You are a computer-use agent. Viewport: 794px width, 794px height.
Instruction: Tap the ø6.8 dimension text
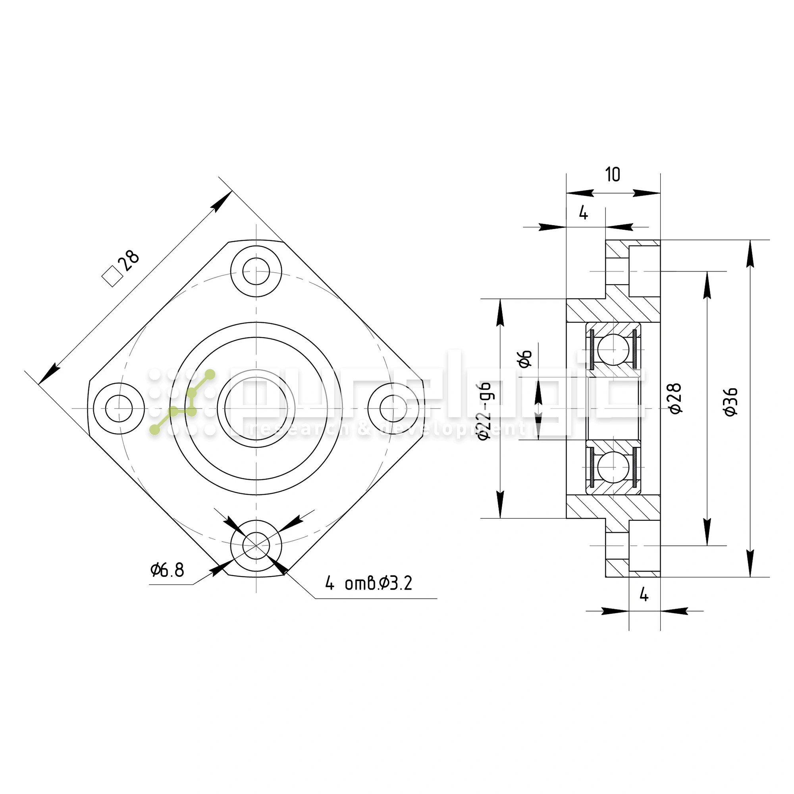coord(167,570)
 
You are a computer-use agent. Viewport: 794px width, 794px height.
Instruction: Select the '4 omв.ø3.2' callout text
coord(368,583)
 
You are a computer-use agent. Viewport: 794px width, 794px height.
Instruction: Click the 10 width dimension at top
coord(612,175)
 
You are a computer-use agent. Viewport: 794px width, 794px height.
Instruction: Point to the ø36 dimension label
coord(731,402)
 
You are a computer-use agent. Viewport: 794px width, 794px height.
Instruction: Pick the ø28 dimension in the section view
coord(675,399)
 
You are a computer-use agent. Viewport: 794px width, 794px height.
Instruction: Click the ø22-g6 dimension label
coord(485,411)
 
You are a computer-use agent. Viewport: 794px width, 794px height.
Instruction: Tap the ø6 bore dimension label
coord(525,359)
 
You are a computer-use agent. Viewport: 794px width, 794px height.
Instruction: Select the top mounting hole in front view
coord(256,272)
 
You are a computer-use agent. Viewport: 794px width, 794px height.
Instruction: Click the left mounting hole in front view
coord(119,409)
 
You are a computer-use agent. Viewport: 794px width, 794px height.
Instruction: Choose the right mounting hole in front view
coord(393,409)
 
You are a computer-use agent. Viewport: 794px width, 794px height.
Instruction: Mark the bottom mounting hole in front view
coord(256,546)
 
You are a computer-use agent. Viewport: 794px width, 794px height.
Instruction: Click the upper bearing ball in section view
coord(613,350)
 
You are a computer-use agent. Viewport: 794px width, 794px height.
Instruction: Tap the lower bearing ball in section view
coord(613,467)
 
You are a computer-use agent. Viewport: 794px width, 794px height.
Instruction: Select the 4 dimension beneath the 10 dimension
coord(583,212)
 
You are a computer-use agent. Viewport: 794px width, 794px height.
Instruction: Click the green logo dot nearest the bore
coord(210,374)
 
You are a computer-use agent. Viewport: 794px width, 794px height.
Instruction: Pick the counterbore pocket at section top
coord(644,271)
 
